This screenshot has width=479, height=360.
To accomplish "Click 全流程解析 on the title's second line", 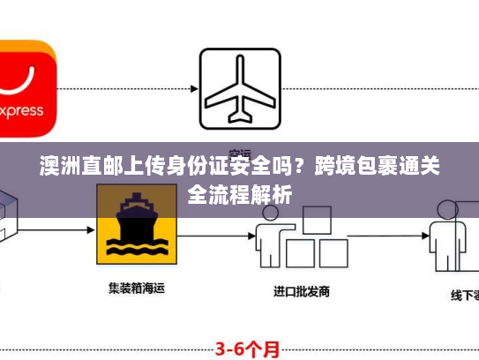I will tap(239, 191).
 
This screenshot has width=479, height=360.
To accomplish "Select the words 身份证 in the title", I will tap(185, 164).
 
